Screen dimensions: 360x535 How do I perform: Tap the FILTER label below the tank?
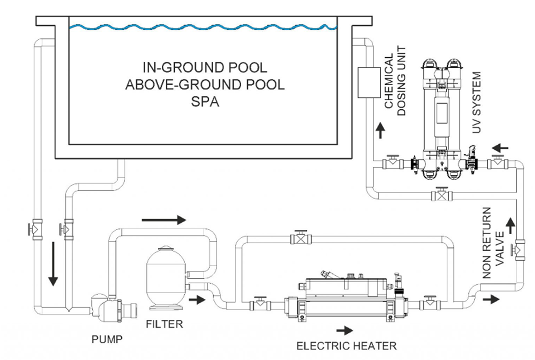(x=165, y=324)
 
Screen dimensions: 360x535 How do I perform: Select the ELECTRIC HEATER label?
(x=346, y=345)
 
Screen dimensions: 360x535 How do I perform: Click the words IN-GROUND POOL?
(x=205, y=68)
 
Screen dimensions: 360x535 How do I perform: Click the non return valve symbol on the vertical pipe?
(x=519, y=248)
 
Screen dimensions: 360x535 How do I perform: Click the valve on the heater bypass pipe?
(x=298, y=237)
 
